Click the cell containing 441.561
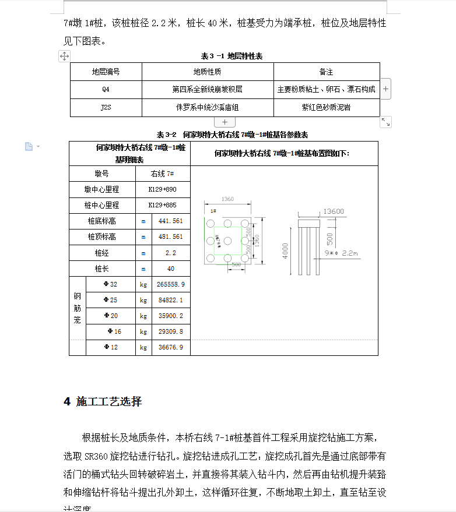point(170,221)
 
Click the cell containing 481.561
point(170,237)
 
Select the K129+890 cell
point(162,189)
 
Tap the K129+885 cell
point(162,205)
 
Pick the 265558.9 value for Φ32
point(170,284)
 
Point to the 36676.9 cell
point(170,347)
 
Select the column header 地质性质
point(207,72)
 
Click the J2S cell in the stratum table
point(106,108)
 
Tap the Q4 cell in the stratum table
point(106,90)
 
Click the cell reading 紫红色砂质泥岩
point(326,108)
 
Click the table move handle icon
point(64,56)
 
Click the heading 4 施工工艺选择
point(103,401)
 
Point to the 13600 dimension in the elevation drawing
point(333,211)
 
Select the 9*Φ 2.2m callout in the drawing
point(342,253)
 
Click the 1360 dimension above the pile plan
point(227,199)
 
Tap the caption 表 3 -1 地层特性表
point(231,56)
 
